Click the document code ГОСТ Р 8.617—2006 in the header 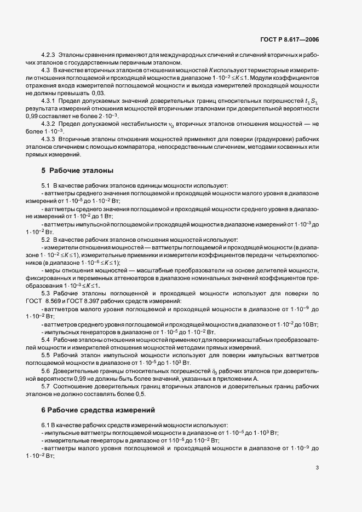click(x=291, y=40)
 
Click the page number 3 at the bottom click(x=317, y=468)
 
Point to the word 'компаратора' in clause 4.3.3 click(x=157, y=148)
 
